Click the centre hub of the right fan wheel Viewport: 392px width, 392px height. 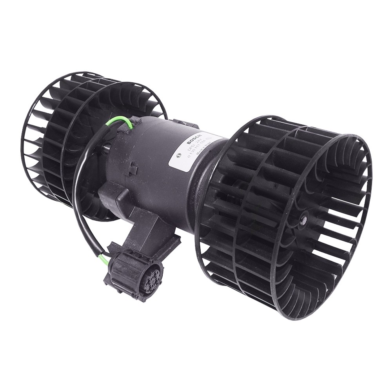pos(303,221)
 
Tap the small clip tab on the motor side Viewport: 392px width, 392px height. pos(132,170)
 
